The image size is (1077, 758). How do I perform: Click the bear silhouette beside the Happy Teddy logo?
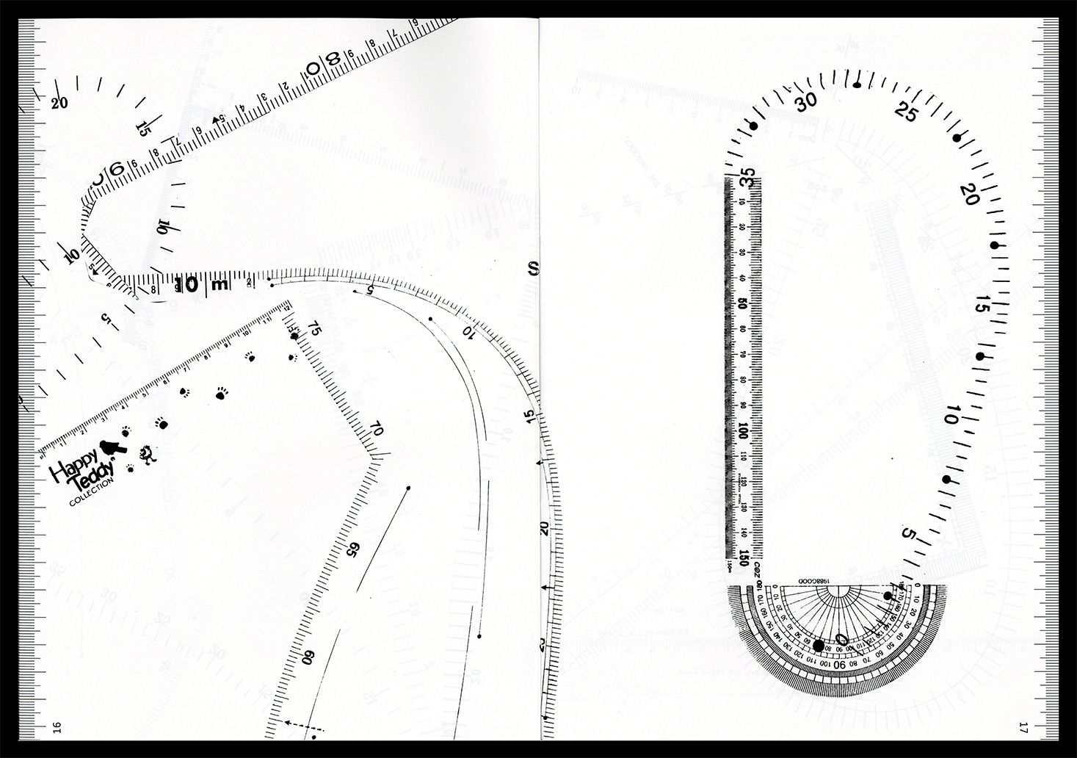pos(114,447)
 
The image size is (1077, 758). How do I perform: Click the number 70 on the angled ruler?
pos(376,428)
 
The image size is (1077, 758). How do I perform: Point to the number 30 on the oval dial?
pos(808,103)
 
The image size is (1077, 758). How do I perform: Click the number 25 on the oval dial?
pos(908,112)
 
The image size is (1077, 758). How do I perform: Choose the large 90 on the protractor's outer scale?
pos(841,664)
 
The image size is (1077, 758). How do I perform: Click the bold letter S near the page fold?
pos(533,267)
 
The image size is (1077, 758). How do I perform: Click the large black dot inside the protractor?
pos(819,645)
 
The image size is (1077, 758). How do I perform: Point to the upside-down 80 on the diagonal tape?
pos(322,65)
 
